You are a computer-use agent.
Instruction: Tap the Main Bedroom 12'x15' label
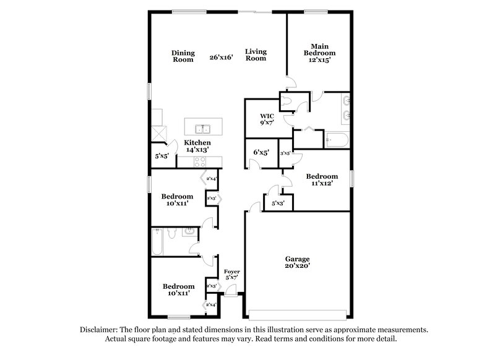point(319,53)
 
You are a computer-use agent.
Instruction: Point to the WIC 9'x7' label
point(267,119)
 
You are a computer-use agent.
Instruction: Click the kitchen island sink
point(202,129)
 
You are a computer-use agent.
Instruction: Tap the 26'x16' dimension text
point(221,58)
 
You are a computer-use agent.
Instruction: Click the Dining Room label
point(183,56)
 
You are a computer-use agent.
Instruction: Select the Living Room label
point(255,54)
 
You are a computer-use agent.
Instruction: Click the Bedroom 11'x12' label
point(322,180)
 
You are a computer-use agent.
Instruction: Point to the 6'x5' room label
point(260,152)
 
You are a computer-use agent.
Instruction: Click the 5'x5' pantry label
point(162,156)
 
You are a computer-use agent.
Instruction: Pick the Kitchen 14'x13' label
point(197,146)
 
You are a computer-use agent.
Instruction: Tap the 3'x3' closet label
point(285,153)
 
